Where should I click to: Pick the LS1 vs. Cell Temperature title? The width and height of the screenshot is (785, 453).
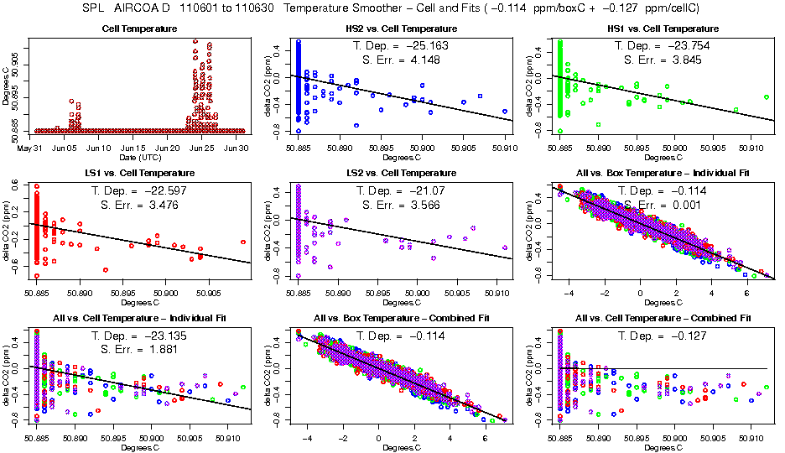(139, 173)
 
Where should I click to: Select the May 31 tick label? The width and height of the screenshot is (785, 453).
(36, 148)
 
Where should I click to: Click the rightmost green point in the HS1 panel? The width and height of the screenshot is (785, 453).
(767, 97)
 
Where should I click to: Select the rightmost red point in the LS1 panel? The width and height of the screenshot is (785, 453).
(242, 242)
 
